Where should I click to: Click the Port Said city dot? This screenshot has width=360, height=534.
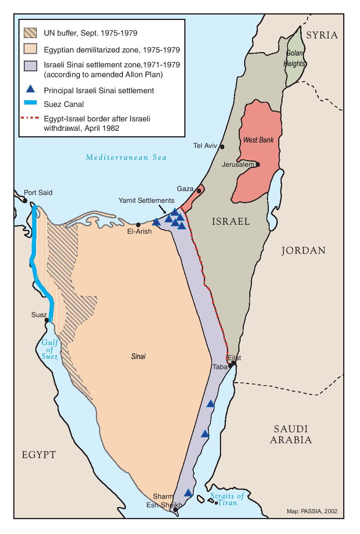click(25, 200)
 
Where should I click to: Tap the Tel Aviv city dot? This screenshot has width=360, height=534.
click(222, 147)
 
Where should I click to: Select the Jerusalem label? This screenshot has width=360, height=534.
click(238, 164)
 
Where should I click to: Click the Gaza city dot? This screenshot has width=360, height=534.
click(199, 191)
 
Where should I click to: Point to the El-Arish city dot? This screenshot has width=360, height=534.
click(138, 225)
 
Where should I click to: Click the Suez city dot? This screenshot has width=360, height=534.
click(47, 320)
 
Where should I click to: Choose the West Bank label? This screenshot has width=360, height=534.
click(258, 140)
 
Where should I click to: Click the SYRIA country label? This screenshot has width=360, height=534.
click(322, 35)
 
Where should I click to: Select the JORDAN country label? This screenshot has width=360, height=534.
click(303, 251)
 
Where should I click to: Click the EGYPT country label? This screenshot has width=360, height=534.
click(39, 455)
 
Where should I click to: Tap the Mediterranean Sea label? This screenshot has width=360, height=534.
click(126, 157)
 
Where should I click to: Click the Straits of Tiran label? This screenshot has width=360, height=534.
click(227, 499)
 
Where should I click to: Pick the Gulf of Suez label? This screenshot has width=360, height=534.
click(50, 350)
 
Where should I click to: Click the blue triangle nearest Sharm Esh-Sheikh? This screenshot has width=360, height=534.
click(188, 493)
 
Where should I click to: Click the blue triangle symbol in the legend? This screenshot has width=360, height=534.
click(31, 90)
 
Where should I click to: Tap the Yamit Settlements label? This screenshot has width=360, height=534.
click(146, 200)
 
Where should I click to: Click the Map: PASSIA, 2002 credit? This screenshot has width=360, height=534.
click(312, 511)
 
